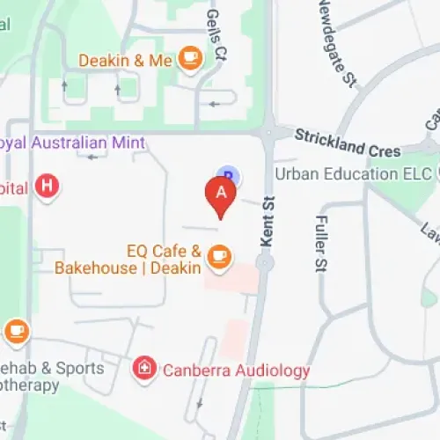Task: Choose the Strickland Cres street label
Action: pyautogui.click(x=347, y=143)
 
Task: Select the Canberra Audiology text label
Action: pyautogui.click(x=237, y=370)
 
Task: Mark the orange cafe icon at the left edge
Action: pyautogui.click(x=16, y=331)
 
